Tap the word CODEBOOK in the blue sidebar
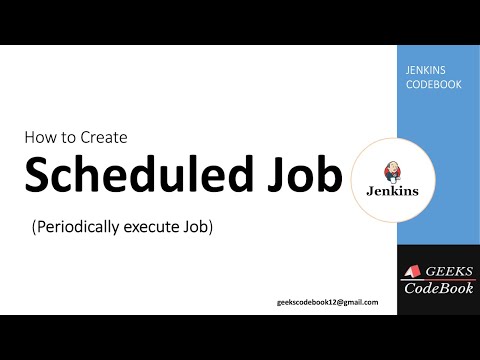(428, 84)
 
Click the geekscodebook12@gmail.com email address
(328, 302)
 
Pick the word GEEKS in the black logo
(444, 271)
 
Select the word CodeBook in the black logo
(438, 289)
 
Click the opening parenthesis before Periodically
(35, 227)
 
